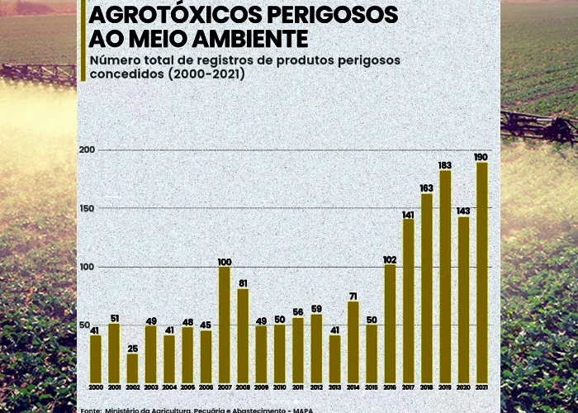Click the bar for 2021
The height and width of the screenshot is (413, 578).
tap(481, 271)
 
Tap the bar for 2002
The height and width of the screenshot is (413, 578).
tap(132, 367)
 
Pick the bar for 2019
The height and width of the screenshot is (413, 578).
tap(445, 275)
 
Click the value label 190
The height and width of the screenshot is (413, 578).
tap(481, 157)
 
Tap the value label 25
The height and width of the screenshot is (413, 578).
tap(132, 348)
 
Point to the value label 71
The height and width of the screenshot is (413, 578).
tap(353, 296)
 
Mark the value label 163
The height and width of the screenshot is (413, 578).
tap(427, 188)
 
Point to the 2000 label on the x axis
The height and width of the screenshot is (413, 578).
tap(96, 387)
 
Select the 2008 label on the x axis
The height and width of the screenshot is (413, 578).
tap(243, 387)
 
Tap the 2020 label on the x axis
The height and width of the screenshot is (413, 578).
tap(463, 387)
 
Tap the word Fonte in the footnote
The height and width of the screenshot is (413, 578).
tap(91, 410)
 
